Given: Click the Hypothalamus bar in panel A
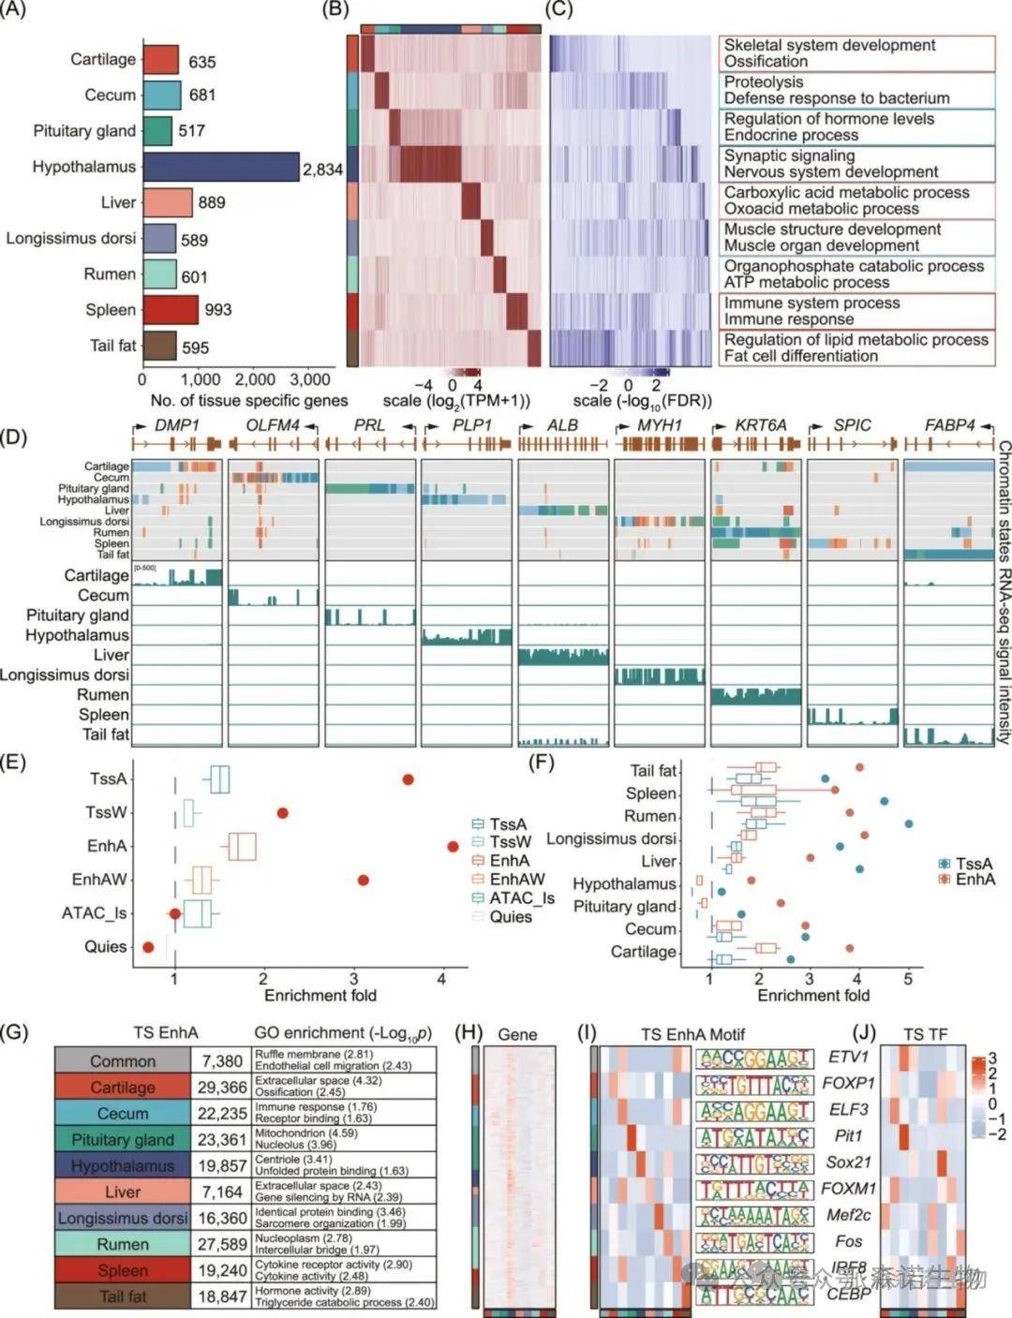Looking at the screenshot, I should pyautogui.click(x=221, y=167).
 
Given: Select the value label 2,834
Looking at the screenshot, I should pyautogui.click(x=322, y=170).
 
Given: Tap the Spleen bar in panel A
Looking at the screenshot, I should pyautogui.click(x=171, y=310).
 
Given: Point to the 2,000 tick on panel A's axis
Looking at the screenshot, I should pyautogui.click(x=255, y=379).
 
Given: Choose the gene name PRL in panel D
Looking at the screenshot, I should pyautogui.click(x=369, y=425).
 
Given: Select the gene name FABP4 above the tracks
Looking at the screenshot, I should pyautogui.click(x=949, y=425).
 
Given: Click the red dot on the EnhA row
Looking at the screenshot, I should pyautogui.click(x=454, y=847).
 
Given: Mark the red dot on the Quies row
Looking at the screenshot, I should pyautogui.click(x=148, y=948).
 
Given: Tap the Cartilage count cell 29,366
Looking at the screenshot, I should pyautogui.click(x=221, y=1088).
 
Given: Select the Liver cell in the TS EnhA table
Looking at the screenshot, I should pyautogui.click(x=123, y=1192).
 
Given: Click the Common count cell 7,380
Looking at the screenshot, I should pyautogui.click(x=221, y=1061).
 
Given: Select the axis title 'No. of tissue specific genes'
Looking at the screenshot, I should pyautogui.click(x=249, y=401).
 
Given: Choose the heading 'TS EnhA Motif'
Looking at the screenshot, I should pyautogui.click(x=692, y=1034).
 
